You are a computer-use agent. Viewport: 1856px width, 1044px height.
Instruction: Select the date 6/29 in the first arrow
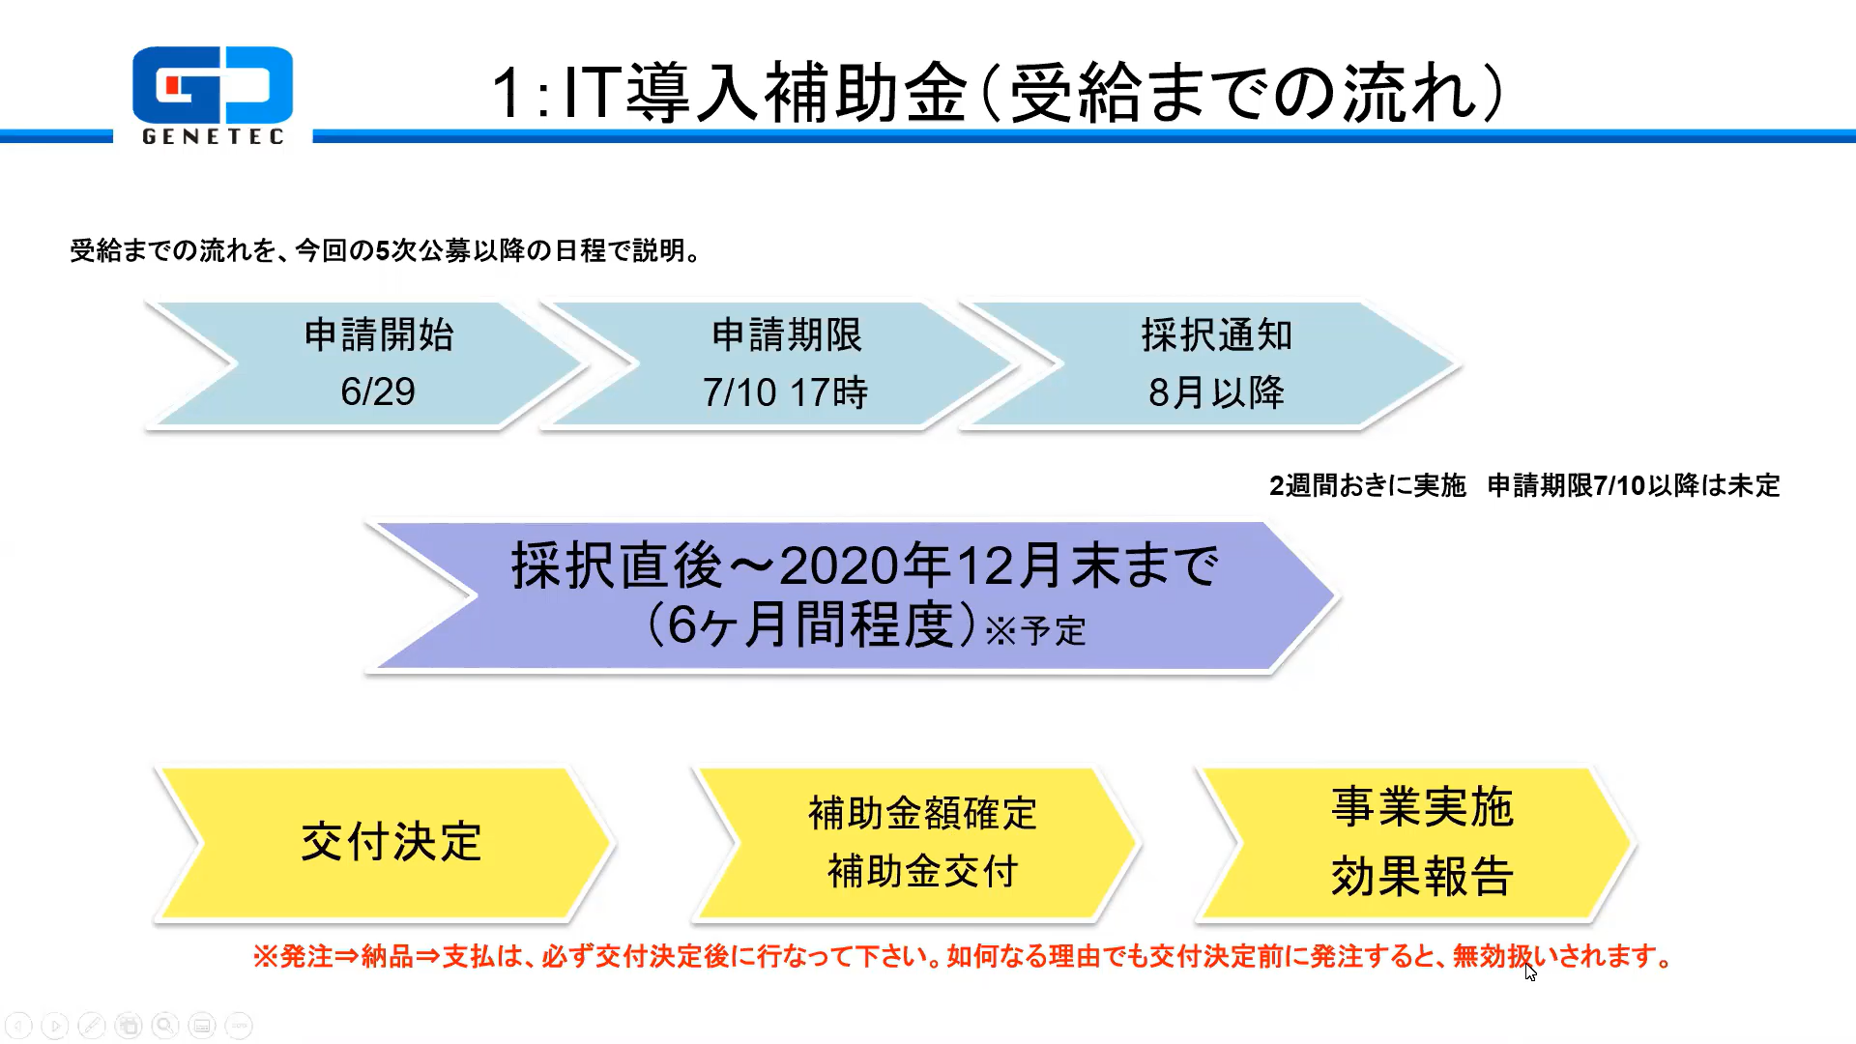point(378,391)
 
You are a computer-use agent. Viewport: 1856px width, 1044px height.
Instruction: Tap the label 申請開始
point(379,334)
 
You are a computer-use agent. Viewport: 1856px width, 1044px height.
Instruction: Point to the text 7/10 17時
point(785,392)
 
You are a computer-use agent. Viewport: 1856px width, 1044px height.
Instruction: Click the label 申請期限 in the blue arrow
point(787,334)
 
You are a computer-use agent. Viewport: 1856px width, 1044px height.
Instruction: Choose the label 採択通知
point(1217,334)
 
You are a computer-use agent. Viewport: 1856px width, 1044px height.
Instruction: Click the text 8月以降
point(1216,392)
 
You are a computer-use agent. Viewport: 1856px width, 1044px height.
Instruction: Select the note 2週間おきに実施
point(1367,485)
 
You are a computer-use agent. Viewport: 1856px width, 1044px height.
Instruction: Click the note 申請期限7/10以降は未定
point(1634,485)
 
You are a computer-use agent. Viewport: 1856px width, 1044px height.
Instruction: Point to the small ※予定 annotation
point(1035,631)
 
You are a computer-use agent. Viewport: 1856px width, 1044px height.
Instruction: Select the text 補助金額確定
point(922,813)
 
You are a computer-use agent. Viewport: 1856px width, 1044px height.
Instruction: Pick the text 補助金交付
point(922,871)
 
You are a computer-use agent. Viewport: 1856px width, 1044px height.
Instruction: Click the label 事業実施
point(1422,806)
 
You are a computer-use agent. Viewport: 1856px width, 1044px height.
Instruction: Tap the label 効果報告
point(1422,876)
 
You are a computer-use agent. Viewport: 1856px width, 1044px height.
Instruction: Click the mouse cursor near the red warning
point(1530,971)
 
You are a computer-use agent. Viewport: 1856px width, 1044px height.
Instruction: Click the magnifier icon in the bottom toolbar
point(165,1026)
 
